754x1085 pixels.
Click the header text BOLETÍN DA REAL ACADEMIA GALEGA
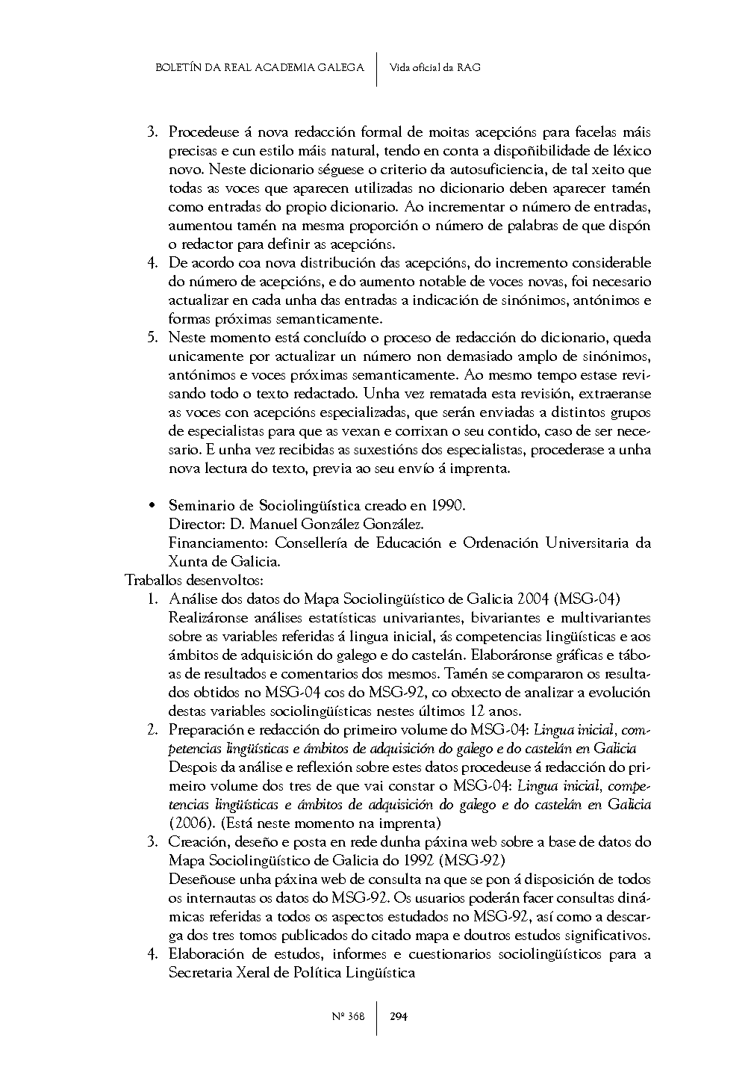[259, 67]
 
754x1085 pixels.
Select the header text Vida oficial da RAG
[434, 67]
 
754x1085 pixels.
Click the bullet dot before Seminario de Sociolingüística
[152, 506]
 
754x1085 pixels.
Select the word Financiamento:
[218, 543]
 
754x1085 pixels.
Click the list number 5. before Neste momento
[153, 338]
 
